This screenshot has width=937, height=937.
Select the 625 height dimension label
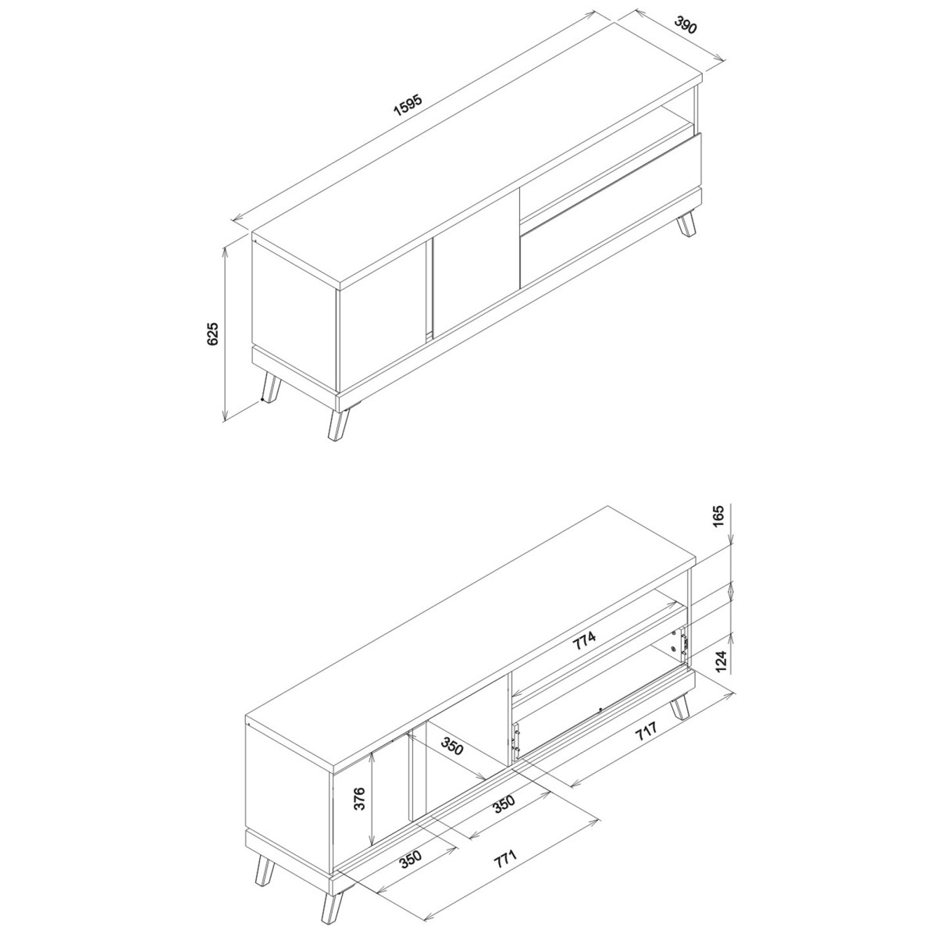click(x=213, y=333)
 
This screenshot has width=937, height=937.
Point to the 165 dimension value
click(x=720, y=515)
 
